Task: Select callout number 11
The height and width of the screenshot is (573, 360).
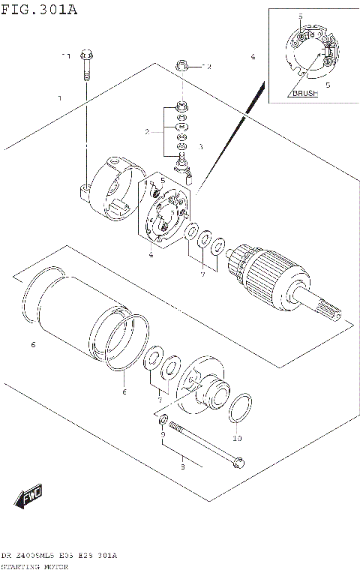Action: coord(65,56)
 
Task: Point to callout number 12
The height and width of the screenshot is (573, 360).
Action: coord(207,67)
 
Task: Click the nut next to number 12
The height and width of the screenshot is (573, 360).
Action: coord(181,67)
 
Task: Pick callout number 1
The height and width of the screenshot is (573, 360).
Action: coord(59,98)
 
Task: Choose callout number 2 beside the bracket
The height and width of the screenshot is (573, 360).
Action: coord(148,132)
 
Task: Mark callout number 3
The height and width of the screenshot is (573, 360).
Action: coord(200,147)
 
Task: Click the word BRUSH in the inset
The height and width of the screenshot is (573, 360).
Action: coord(304,94)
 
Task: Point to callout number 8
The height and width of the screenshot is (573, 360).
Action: coord(181,467)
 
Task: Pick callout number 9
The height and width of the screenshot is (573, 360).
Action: coord(163,434)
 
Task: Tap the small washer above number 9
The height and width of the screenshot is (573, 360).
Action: coord(164,416)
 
